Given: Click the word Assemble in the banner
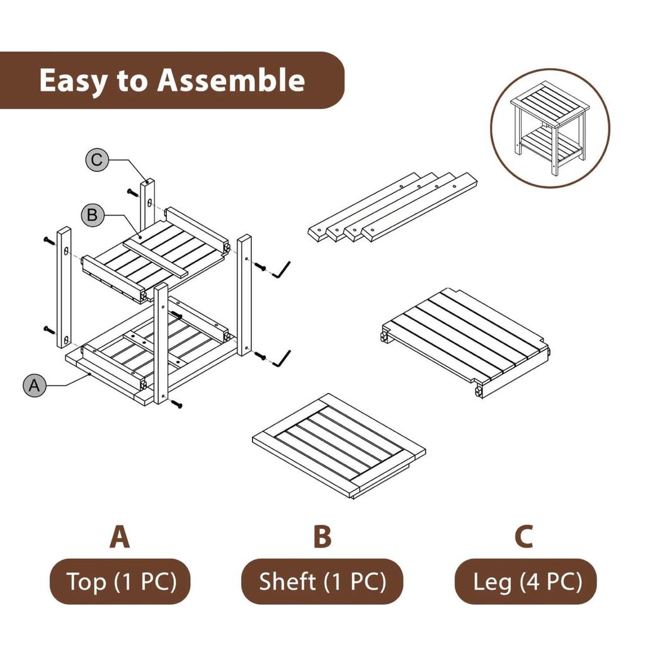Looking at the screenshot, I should point(231,81).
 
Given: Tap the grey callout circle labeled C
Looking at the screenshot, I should point(96,160).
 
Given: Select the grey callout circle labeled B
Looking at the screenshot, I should point(92,215).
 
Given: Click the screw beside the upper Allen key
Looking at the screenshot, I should point(260,266).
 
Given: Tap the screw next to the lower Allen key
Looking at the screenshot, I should point(260,355).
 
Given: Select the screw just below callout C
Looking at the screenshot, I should point(132,192).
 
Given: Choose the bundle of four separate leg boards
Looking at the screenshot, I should point(392,207).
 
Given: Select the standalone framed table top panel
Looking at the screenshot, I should point(339,445).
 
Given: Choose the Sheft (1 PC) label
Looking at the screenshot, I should point(322,581).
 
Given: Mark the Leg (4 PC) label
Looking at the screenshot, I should point(525,581).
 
